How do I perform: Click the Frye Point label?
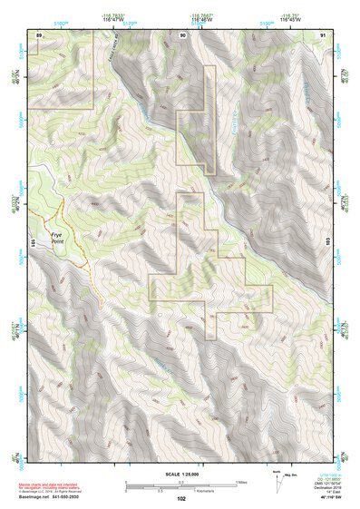tap(58, 240)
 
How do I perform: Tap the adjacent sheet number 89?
tap(39, 34)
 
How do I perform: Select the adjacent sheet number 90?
tap(183, 34)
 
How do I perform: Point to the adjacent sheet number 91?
tap(323, 34)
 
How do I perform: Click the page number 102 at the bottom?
tap(182, 498)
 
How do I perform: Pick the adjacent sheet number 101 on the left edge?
tap(34, 243)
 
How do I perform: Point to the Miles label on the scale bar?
tap(240, 481)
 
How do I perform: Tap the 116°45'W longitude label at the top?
tap(203, 20)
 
